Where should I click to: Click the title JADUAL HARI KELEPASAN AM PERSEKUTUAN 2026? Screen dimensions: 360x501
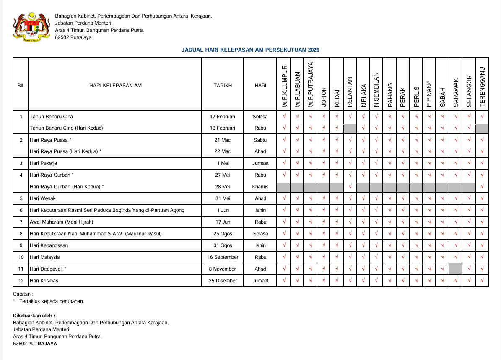point(250,50)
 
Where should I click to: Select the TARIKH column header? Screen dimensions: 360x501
point(223,86)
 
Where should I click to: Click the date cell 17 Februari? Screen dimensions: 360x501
point(223,117)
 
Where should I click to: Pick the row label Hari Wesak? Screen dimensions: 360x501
point(43,198)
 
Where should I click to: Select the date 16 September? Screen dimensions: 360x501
point(223,257)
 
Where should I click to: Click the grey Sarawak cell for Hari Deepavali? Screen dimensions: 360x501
point(455,269)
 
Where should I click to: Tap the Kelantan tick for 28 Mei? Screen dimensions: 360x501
point(350,187)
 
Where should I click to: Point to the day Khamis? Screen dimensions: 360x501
point(260,187)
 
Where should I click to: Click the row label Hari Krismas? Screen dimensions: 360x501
point(44,281)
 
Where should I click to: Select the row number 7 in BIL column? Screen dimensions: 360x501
point(21,222)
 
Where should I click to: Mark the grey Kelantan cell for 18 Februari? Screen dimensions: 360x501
point(350,128)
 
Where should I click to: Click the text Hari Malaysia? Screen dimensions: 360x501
point(45,257)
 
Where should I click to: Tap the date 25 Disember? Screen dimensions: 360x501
point(223,281)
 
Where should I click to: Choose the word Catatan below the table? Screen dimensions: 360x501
point(23,295)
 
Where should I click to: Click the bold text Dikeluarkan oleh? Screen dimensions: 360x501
point(34,315)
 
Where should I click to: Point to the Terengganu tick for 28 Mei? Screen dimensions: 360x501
point(482,187)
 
